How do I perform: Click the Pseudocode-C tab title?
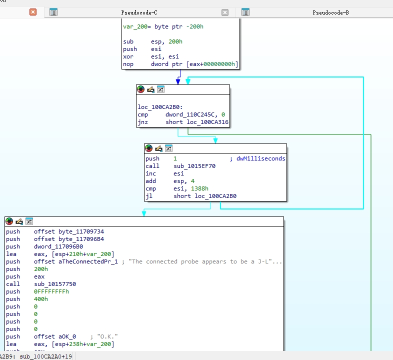click(139, 12)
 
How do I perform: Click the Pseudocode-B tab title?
click(330, 12)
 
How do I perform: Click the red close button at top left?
click(33, 12)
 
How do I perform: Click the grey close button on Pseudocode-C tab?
click(225, 12)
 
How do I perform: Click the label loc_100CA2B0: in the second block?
click(160, 107)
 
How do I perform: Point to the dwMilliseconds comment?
click(260, 158)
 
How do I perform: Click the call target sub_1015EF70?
click(194, 166)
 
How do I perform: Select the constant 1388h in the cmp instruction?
click(199, 188)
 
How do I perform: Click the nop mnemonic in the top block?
click(128, 64)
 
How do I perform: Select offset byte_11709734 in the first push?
click(69, 231)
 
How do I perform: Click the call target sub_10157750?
click(55, 284)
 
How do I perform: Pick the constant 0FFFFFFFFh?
click(51, 291)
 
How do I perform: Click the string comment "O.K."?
click(107, 336)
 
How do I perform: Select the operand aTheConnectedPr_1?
click(88, 261)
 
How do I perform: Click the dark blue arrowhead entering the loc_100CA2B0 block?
click(178, 81)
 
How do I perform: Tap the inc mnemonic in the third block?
click(150, 173)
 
